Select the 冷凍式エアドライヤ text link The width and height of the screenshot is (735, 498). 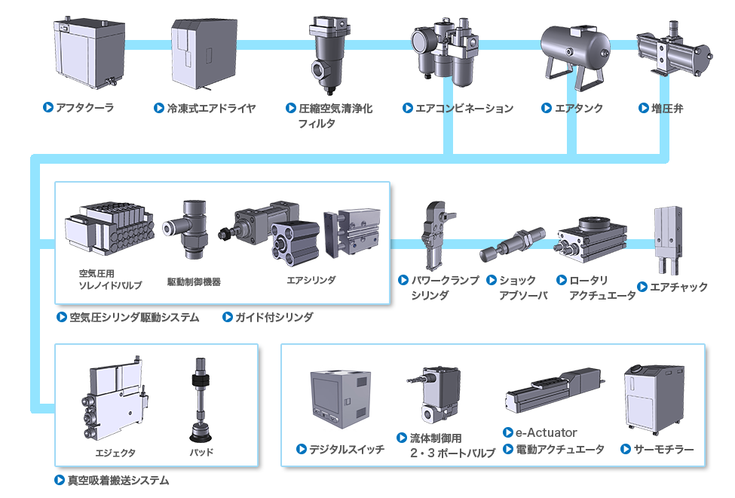[x=211, y=108]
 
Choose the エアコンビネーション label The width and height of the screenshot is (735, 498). [x=464, y=108]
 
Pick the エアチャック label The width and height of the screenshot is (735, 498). [x=678, y=287]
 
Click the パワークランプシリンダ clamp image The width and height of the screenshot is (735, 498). [x=438, y=234]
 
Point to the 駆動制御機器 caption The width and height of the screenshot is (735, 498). [x=194, y=282]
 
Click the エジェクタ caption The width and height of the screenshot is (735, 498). [x=115, y=453]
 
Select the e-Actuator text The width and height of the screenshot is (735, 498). [x=546, y=432]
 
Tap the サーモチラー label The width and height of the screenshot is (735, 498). [x=663, y=449]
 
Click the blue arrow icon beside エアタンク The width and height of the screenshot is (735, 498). [x=547, y=108]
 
